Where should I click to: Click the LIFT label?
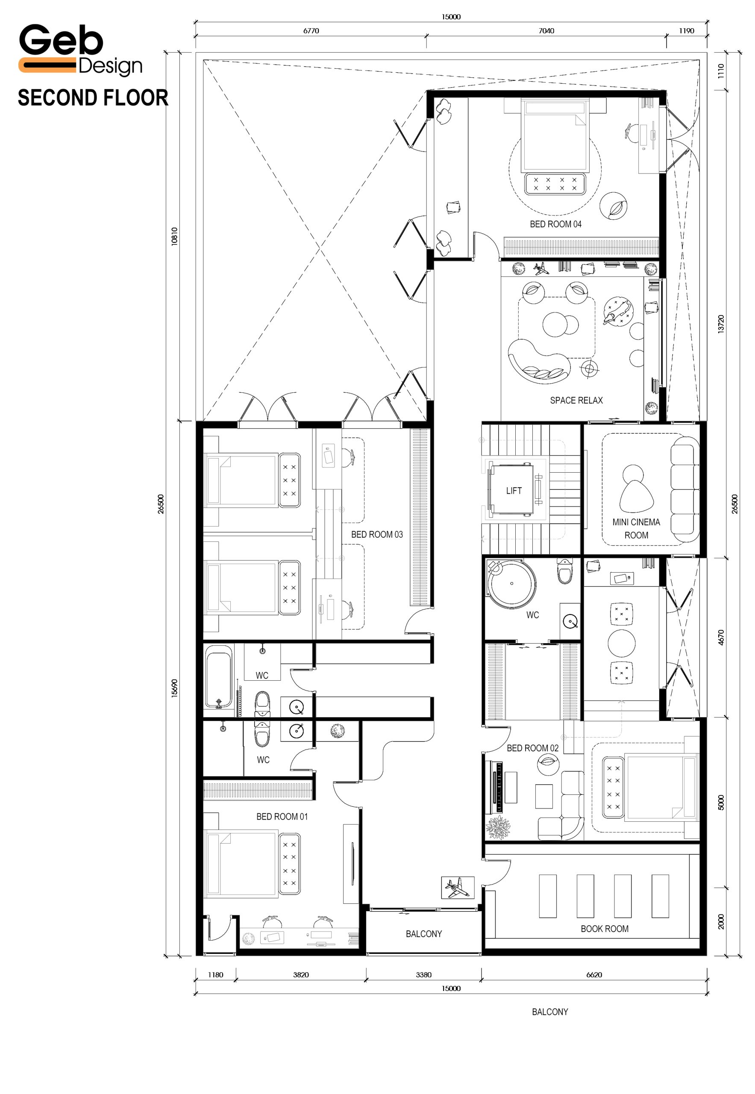point(514,491)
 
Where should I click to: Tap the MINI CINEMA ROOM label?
point(636,529)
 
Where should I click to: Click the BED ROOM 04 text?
point(555,224)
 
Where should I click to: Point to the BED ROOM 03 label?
point(376,534)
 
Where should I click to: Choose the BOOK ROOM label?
point(605,929)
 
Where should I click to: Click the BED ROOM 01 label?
point(282,817)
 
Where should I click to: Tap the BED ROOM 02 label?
point(532,748)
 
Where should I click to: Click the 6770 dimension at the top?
point(311,31)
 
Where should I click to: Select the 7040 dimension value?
point(546,31)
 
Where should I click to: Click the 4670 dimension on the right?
point(720,637)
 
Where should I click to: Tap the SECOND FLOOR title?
point(93,98)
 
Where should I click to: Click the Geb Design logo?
point(80,50)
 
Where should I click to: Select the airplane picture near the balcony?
point(458,888)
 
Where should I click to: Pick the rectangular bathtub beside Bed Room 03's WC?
point(219,676)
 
